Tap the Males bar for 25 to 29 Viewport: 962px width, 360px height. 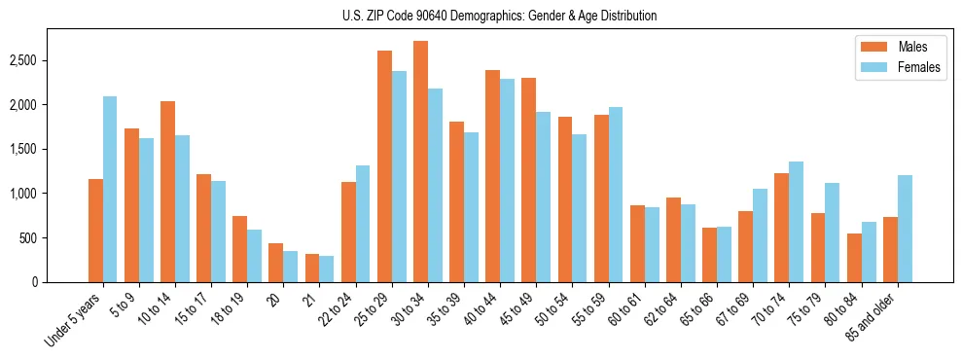click(x=384, y=166)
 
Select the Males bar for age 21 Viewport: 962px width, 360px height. click(x=312, y=268)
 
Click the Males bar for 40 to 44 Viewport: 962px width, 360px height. click(x=493, y=176)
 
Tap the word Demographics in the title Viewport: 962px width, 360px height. click(x=516, y=16)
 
